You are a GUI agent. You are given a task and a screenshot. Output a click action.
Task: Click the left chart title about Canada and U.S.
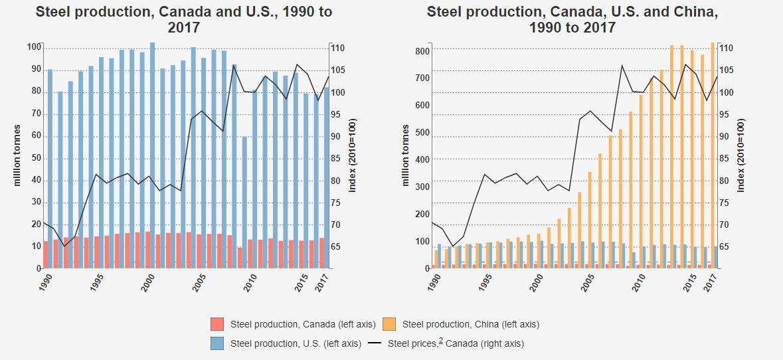coord(184,20)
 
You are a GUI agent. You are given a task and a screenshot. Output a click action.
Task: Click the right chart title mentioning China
coord(572,20)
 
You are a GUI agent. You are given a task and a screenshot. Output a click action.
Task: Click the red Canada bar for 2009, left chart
coord(240,258)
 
